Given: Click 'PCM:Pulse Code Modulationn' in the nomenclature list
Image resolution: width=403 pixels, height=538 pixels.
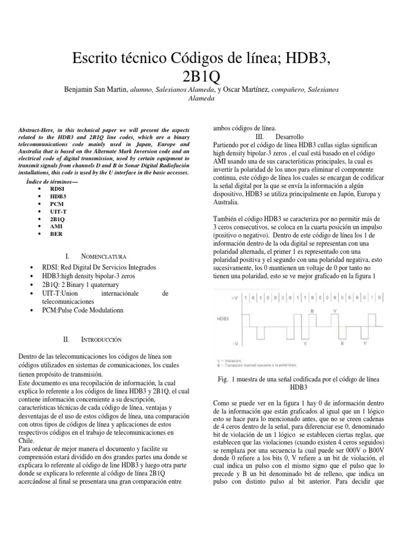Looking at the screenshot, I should (x=90, y=311).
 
